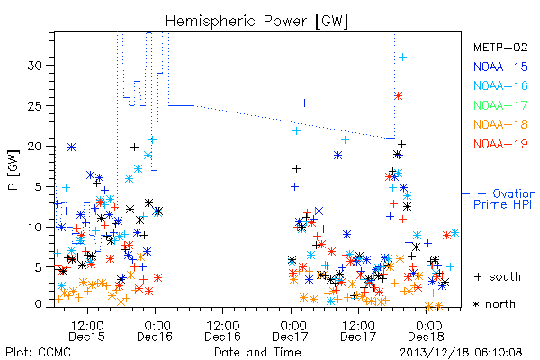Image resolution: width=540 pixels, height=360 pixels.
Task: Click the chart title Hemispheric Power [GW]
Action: coord(256,22)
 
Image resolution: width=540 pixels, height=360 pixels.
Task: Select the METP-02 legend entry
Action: coord(500,47)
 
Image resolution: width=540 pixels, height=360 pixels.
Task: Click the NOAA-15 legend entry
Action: coord(500,67)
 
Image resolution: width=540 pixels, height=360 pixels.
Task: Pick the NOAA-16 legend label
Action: coord(500,85)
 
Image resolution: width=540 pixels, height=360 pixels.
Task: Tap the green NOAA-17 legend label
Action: coord(500,105)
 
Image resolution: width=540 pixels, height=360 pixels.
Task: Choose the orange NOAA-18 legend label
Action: coord(500,124)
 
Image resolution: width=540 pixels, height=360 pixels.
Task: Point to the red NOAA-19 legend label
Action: coord(500,144)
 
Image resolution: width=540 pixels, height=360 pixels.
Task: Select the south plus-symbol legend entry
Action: coord(498,276)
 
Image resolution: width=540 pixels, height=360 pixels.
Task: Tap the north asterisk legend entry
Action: coord(494,304)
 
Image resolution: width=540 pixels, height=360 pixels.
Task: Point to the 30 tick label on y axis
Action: coord(34,66)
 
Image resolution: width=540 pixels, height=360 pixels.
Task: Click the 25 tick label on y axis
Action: coord(34,106)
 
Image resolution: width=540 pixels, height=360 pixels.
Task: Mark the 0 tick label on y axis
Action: coord(38,304)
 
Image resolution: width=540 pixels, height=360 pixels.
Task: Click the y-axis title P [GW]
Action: coord(13,170)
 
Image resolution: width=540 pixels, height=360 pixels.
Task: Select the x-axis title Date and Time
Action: coord(257,352)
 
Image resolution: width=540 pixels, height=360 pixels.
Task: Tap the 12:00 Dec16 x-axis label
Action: coord(223,331)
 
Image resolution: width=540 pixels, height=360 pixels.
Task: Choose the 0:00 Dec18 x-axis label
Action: coord(427,331)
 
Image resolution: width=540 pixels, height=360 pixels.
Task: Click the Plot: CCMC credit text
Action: coord(38,353)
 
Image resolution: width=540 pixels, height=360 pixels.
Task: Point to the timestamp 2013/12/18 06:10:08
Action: coord(461,353)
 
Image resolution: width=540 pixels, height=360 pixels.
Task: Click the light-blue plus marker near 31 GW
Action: coord(402,58)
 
